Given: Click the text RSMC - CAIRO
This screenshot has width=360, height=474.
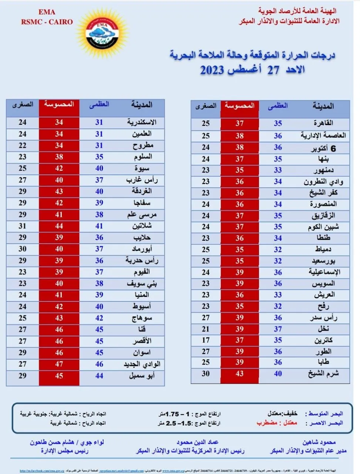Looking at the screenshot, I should (x=47, y=22).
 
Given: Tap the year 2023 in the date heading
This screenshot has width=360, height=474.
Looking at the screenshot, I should (x=212, y=70).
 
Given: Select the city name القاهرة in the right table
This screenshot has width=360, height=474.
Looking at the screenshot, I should (x=323, y=123).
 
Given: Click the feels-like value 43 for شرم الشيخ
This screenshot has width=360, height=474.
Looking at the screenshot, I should (x=239, y=374).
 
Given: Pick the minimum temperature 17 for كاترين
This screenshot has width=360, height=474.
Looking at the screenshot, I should (x=206, y=340).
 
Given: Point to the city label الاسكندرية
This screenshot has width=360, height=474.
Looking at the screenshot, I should (x=142, y=122).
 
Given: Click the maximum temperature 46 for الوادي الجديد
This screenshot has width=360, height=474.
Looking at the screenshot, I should (x=99, y=364).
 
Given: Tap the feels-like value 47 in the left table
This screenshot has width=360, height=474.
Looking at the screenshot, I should (x=59, y=364).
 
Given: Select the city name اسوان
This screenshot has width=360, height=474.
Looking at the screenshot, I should (x=142, y=353).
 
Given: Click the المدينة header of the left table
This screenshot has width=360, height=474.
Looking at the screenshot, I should (x=142, y=105).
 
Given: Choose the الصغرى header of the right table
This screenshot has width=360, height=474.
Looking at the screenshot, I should (x=206, y=106).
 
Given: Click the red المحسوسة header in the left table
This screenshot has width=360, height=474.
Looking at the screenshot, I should (x=59, y=104).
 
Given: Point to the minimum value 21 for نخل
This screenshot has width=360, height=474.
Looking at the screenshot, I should (x=206, y=329).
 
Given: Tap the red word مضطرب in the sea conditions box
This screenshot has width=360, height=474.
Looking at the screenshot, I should (x=267, y=423).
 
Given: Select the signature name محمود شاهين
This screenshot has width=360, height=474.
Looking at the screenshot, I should (x=319, y=442).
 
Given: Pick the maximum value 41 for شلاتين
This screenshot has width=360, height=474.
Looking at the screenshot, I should (x=99, y=226).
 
